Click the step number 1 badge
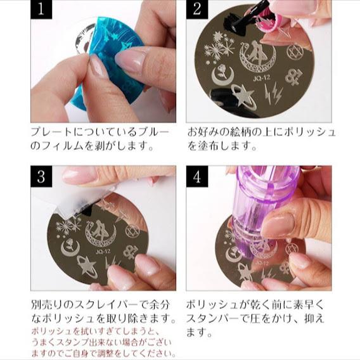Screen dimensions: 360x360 41,11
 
